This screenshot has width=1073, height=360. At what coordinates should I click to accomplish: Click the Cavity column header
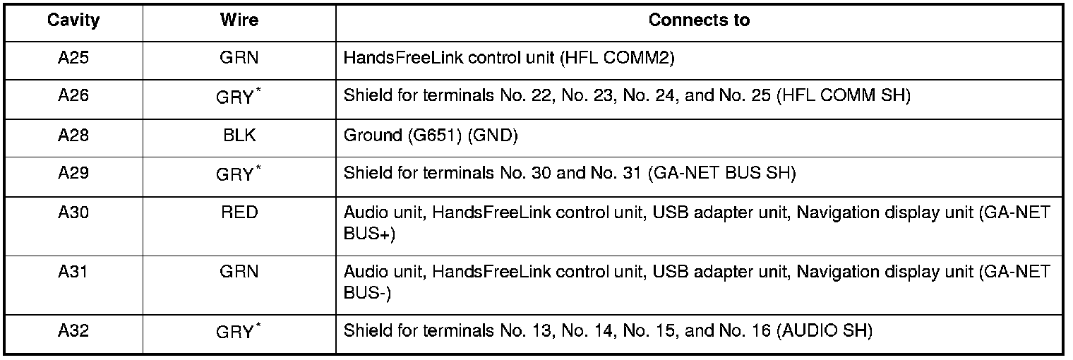point(73,20)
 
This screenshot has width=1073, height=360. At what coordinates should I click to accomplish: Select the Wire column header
point(239,20)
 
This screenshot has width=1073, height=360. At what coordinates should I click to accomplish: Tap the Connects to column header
point(698,20)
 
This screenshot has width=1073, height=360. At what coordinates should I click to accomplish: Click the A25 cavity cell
point(73,58)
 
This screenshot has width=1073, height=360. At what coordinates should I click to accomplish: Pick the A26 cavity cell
point(73,96)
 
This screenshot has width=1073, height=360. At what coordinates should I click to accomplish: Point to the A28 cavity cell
point(73,135)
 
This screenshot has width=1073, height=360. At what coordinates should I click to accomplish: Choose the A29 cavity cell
point(73,173)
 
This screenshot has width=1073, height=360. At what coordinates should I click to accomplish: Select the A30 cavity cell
point(73,212)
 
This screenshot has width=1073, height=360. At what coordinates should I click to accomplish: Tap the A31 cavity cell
point(73,272)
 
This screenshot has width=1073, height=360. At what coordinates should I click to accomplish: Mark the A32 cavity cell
point(73,330)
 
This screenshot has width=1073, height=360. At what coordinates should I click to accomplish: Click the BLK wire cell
point(239,135)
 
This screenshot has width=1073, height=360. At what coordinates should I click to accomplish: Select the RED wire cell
point(239,212)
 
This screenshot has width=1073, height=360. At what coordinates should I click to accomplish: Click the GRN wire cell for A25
point(239,58)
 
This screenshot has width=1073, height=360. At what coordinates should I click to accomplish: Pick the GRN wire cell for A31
point(239,272)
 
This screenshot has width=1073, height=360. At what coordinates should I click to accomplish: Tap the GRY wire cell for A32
point(235,332)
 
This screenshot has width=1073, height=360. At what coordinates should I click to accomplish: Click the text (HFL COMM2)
point(617,58)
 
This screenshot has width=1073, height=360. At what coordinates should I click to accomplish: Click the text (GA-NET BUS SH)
point(721,173)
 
